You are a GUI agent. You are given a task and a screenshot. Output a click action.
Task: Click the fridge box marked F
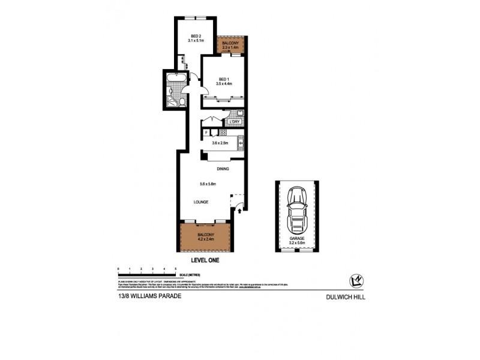(x=206, y=133)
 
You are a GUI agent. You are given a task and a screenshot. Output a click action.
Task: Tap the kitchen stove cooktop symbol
(x=223, y=133)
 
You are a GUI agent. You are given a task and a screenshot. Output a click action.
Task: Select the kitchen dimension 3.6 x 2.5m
(x=220, y=143)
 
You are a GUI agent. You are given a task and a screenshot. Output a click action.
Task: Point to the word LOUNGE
(x=200, y=202)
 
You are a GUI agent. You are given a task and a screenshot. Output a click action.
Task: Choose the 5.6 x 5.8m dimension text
(x=199, y=184)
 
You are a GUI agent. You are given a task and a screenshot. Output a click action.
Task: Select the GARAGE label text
(x=298, y=238)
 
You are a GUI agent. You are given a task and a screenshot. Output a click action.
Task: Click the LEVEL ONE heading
(x=206, y=260)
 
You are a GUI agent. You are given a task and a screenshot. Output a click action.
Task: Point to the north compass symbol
(x=356, y=280)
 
